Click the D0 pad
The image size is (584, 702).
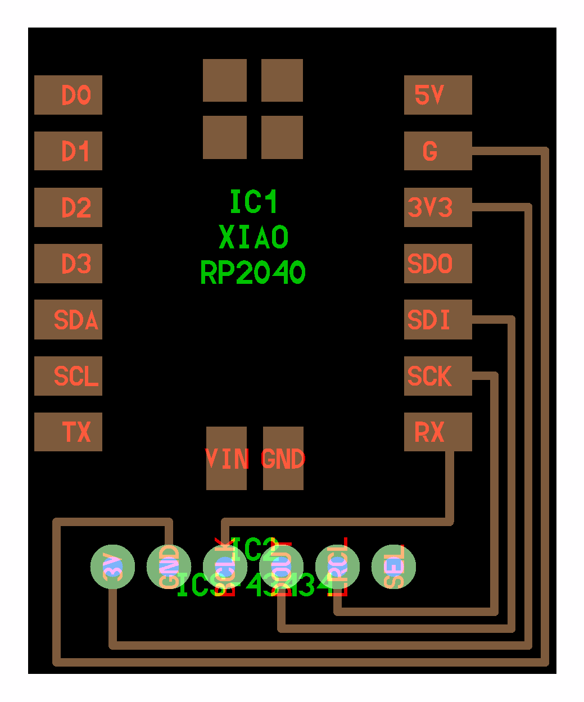click(68, 95)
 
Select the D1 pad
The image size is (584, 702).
click(68, 151)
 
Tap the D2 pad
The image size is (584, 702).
click(68, 207)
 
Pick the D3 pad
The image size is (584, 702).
click(68, 264)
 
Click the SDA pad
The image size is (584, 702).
click(68, 320)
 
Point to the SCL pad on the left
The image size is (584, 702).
click(68, 376)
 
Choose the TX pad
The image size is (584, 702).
click(68, 432)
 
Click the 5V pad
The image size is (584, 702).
click(438, 95)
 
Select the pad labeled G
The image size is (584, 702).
click(438, 151)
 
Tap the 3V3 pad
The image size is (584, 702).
click(438, 207)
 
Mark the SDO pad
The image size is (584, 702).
click(438, 264)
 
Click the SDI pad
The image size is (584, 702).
click(438, 320)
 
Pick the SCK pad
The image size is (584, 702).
click(438, 376)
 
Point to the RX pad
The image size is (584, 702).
click(438, 432)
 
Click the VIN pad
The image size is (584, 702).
click(227, 459)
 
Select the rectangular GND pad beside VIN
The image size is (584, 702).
click(283, 459)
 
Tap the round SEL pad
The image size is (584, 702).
click(394, 567)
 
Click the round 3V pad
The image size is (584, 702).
click(113, 567)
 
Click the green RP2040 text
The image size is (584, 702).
click(253, 273)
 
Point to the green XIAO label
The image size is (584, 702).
click(253, 237)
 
